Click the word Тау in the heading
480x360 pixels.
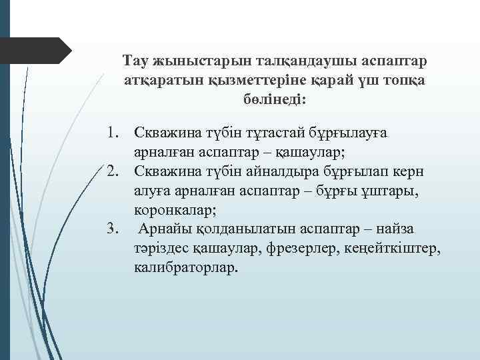pyautogui.click(x=137, y=61)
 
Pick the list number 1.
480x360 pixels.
pyautogui.click(x=114, y=133)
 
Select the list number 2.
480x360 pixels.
pyautogui.click(x=114, y=171)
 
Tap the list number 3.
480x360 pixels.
pyautogui.click(x=114, y=229)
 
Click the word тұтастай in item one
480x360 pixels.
pyautogui.click(x=264, y=133)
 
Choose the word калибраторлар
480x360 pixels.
pyautogui.click(x=185, y=268)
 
